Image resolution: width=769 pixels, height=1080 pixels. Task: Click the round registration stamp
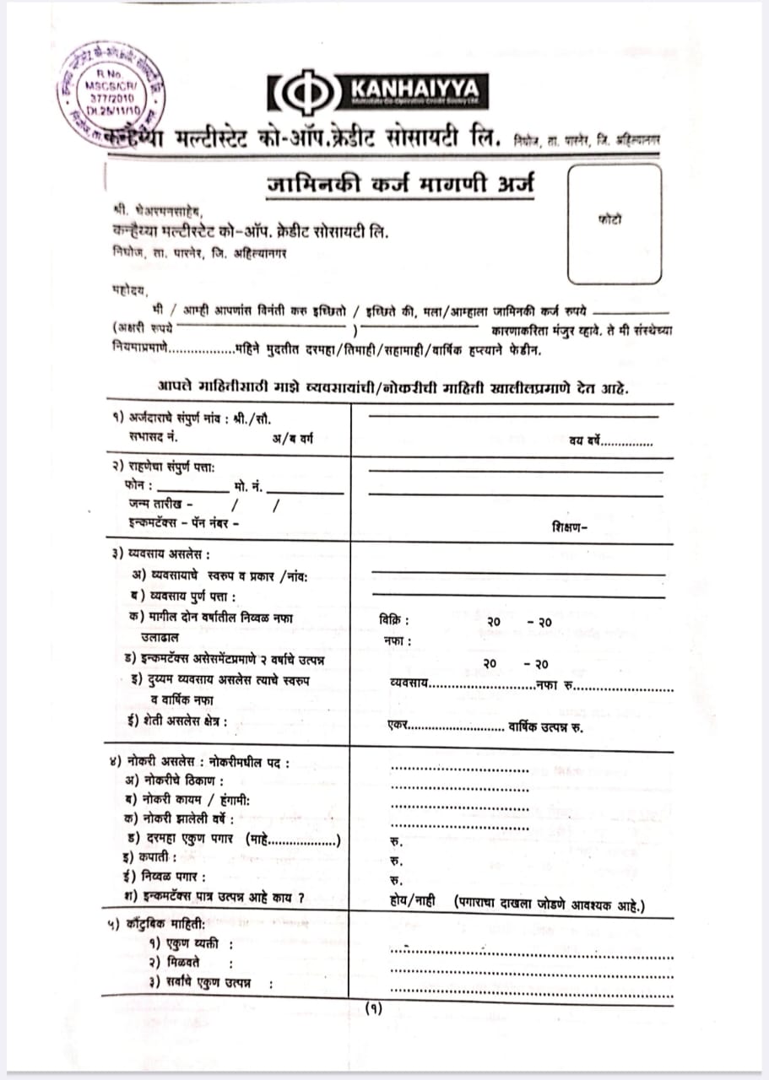pos(112,94)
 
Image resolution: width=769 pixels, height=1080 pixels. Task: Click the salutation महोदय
pos(128,289)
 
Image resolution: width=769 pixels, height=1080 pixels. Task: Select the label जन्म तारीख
pos(157,504)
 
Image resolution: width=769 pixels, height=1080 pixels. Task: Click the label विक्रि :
pos(395,620)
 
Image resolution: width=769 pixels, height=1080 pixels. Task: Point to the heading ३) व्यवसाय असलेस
pos(160,554)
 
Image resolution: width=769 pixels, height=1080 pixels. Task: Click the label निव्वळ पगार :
pos(165,877)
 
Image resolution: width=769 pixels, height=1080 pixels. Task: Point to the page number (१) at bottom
pos(373,1007)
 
